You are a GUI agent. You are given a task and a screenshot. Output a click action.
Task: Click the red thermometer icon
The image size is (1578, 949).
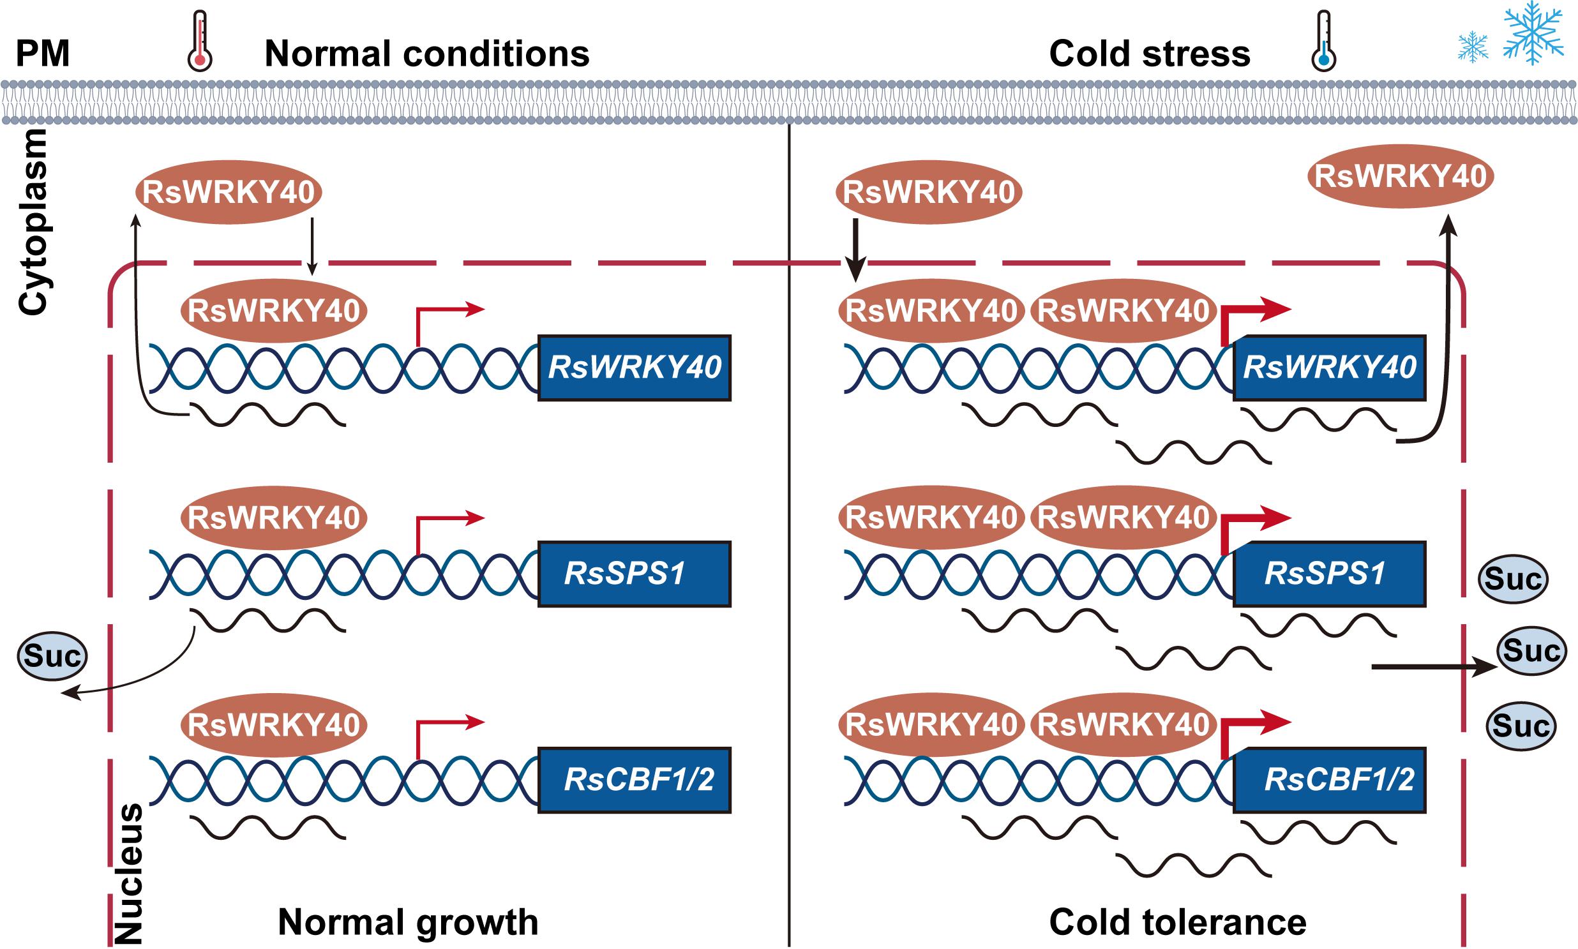click(x=200, y=41)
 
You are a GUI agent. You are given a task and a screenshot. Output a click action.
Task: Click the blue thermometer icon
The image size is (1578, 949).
click(x=1323, y=41)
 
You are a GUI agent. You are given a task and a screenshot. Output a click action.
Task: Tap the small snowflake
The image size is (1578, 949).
click(x=1473, y=47)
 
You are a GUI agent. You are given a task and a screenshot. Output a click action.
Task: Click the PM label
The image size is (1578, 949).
click(x=42, y=54)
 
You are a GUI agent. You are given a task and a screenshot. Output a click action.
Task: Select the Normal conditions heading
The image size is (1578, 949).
click(x=426, y=54)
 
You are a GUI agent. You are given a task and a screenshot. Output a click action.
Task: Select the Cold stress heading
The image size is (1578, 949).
click(x=1150, y=54)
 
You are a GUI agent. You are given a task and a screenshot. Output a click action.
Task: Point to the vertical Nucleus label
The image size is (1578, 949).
click(x=127, y=874)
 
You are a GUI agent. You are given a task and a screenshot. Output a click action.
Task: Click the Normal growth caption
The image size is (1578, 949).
click(x=408, y=922)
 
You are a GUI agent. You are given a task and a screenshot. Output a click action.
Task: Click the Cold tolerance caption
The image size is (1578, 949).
click(x=1178, y=922)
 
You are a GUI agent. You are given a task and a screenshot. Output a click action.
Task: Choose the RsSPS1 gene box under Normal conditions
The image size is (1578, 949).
click(x=634, y=574)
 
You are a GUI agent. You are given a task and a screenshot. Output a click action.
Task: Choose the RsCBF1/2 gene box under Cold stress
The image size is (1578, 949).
click(x=1329, y=779)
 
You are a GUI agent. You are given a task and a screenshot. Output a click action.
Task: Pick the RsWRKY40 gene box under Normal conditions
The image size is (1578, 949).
click(x=634, y=368)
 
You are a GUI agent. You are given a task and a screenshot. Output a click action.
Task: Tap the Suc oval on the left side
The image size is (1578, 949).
click(x=52, y=656)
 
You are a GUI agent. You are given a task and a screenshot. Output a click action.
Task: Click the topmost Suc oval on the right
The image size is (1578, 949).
click(x=1513, y=579)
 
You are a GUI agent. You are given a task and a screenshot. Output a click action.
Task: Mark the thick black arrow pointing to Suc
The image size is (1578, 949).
click(x=1433, y=668)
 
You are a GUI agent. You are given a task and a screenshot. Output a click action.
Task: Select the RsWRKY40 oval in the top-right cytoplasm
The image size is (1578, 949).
click(x=1400, y=177)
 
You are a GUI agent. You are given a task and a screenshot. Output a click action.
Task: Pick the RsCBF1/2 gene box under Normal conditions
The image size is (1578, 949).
click(x=634, y=779)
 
